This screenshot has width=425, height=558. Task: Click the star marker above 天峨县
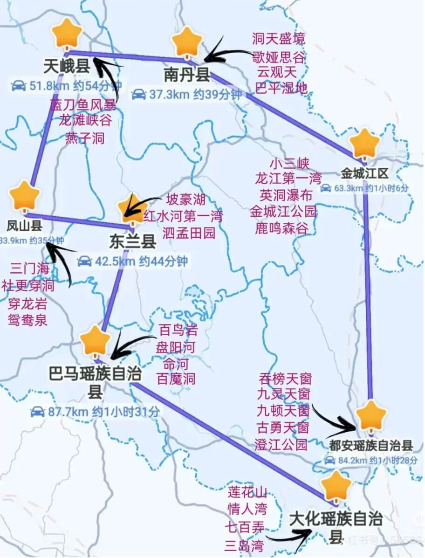(67, 34)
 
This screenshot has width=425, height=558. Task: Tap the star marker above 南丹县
(187, 41)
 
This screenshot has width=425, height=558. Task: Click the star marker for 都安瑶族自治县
(371, 414)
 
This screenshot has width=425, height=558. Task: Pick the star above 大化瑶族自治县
(336, 486)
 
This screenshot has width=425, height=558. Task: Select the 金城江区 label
(364, 173)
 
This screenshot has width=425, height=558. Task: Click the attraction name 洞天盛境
(279, 38)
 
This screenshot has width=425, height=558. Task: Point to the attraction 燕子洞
(85, 138)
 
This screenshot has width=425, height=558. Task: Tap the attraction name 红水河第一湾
(183, 216)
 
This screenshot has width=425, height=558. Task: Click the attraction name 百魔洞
(177, 378)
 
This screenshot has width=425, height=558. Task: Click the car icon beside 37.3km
(138, 95)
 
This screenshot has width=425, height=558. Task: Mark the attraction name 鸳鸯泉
(28, 320)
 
